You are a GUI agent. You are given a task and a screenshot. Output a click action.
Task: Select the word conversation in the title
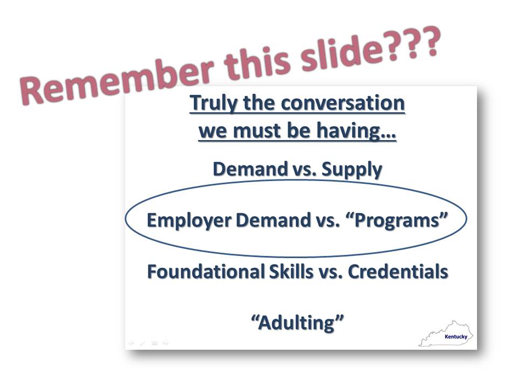(343, 103)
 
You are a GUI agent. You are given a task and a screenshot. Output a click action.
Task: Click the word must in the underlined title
(257, 130)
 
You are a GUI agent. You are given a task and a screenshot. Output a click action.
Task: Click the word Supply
(352, 170)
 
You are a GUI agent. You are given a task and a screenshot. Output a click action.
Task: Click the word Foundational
(206, 272)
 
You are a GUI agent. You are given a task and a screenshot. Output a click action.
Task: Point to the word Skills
(291, 272)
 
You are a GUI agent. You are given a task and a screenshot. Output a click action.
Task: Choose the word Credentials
(398, 272)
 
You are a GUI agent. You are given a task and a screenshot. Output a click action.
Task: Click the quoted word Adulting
(297, 322)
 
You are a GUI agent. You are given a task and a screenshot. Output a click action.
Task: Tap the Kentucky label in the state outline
(456, 336)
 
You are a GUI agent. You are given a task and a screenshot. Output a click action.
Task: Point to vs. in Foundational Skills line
(330, 273)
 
